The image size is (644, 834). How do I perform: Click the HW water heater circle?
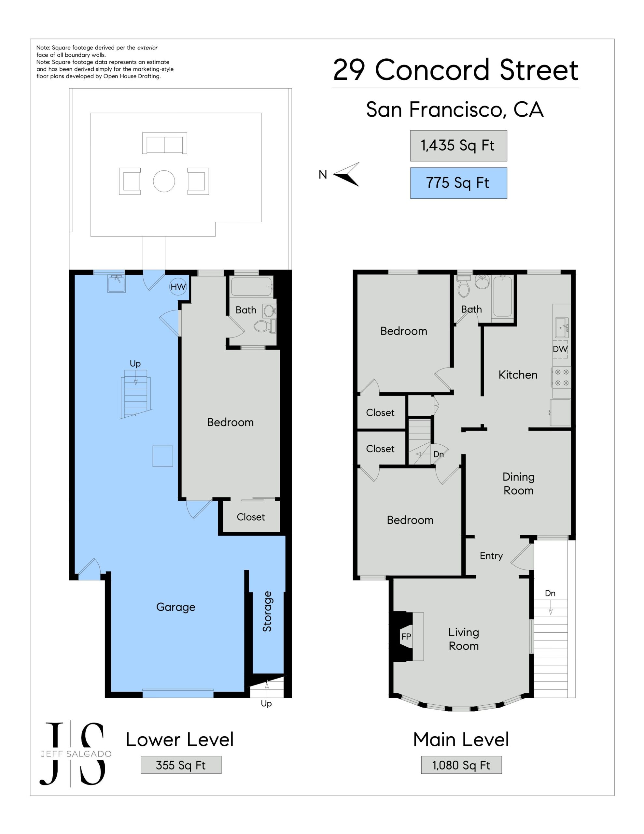[x=178, y=287]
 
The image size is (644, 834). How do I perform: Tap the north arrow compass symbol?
[x=347, y=175]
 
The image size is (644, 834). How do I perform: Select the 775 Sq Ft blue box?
[x=458, y=183]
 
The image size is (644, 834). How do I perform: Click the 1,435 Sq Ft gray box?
[x=458, y=146]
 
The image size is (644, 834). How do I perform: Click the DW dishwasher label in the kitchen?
[x=560, y=349]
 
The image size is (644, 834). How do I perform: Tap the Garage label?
[x=175, y=607]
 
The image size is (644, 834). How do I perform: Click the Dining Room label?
[x=518, y=483]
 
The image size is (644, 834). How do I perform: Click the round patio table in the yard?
[x=164, y=181]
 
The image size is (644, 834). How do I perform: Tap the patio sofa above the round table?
[x=164, y=143]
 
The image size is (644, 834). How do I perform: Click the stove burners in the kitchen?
[x=562, y=377]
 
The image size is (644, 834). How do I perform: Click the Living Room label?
[x=463, y=639]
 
